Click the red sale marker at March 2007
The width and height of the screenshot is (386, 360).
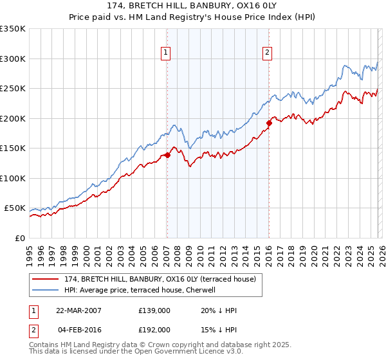pyautogui.click(x=167, y=154)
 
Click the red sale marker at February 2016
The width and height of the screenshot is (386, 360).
pyautogui.click(x=269, y=123)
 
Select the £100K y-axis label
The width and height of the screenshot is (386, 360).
pyautogui.click(x=13, y=178)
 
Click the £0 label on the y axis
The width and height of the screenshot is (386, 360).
pyautogui.click(x=20, y=238)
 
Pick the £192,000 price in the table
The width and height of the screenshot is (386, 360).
pyautogui.click(x=154, y=329)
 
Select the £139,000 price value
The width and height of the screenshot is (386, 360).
pyautogui.click(x=154, y=310)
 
